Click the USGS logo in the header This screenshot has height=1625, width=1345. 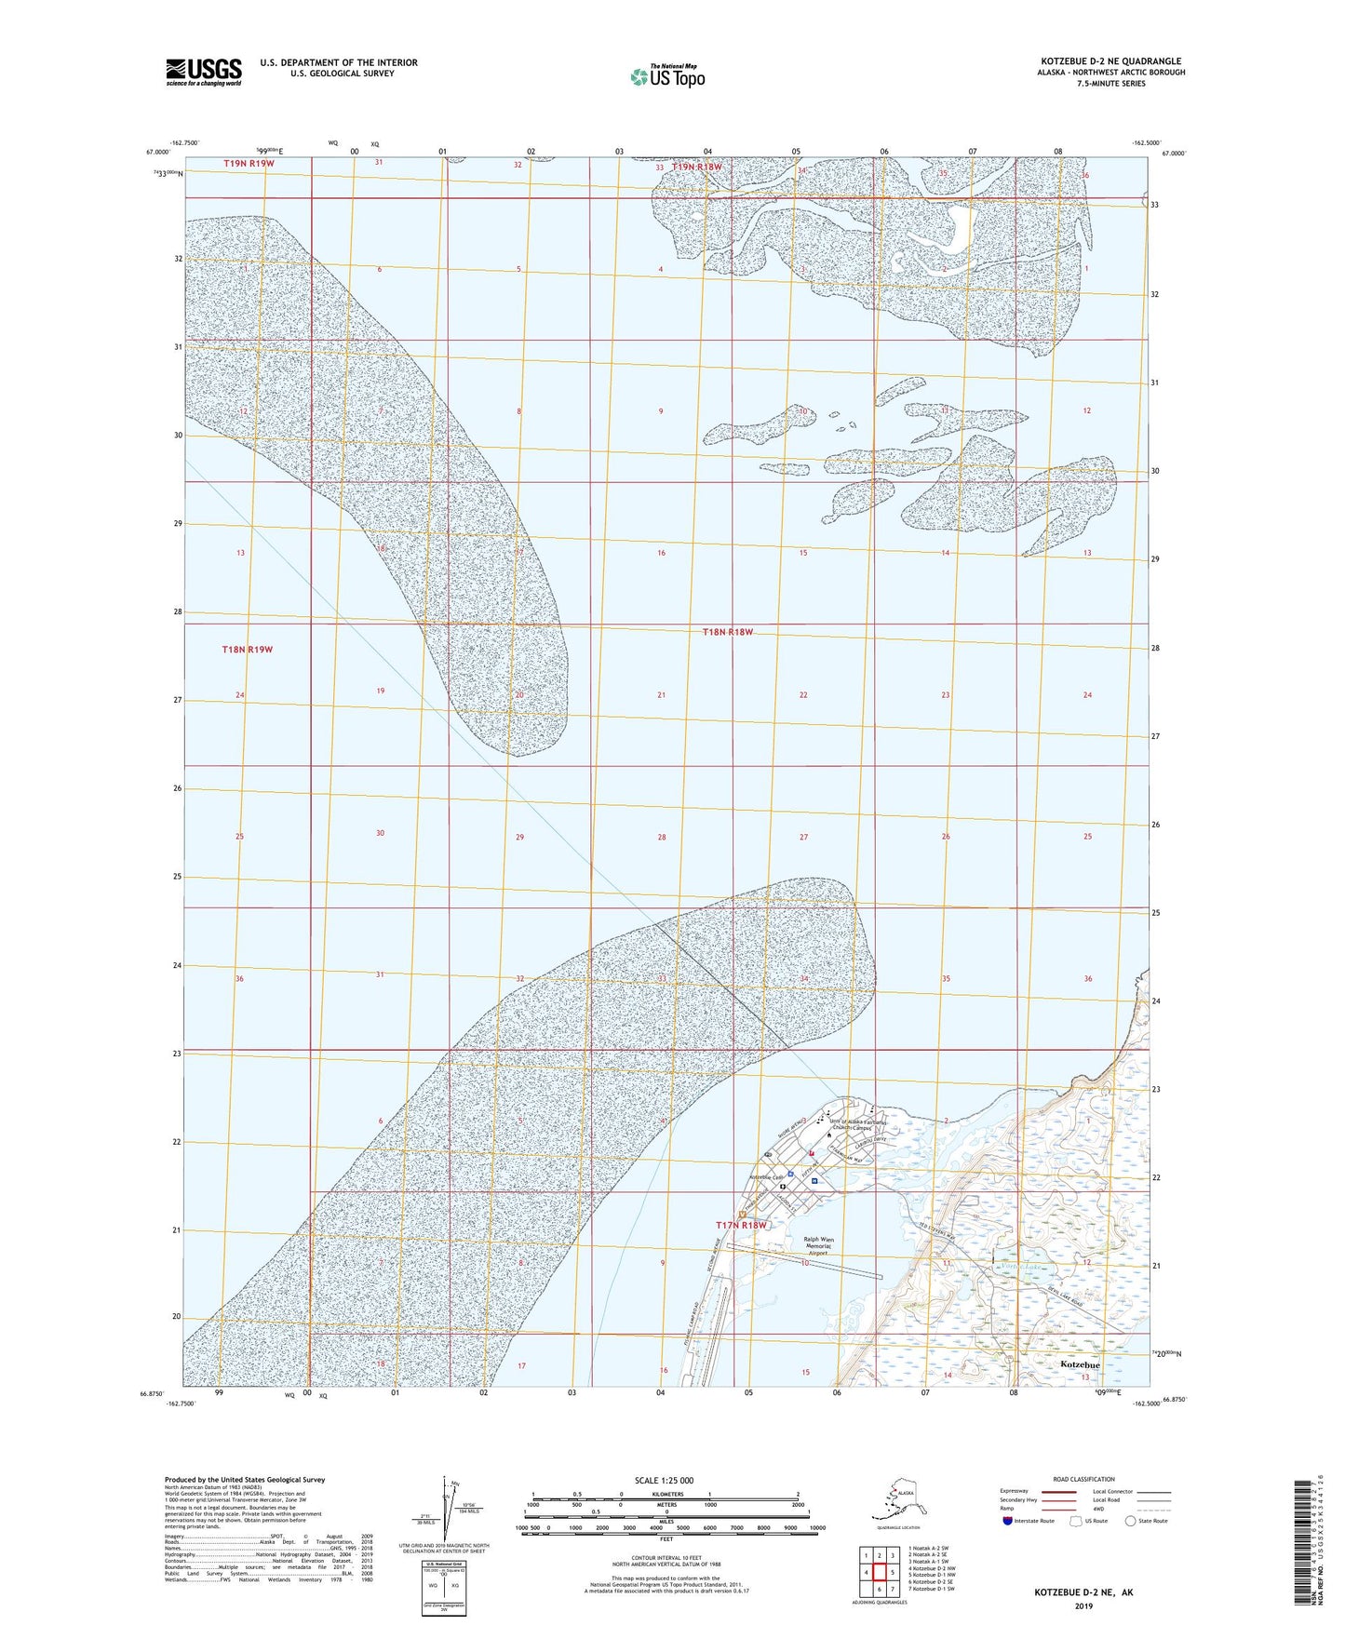coord(204,72)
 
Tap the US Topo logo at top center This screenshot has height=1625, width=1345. coord(666,75)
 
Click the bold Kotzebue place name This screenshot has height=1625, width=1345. coord(1080,1364)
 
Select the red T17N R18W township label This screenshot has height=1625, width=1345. coord(741,1225)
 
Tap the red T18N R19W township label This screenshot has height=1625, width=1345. coord(247,649)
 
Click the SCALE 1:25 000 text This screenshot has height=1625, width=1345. coord(665,1480)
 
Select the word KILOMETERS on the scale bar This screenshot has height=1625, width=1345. coord(665,1495)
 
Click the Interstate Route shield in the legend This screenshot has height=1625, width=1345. coord(1008,1521)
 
